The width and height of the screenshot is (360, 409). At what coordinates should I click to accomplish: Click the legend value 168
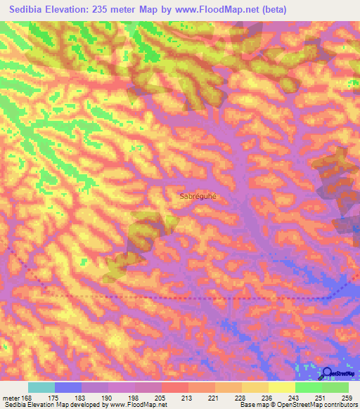point(27,398)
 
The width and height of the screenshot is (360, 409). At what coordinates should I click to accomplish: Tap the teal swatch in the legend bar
point(41,387)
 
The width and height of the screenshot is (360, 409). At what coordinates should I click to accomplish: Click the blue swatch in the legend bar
point(68,387)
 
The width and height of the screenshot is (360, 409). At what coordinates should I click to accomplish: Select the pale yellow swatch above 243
point(282,387)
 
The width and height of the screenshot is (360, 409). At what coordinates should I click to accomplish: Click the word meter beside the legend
point(10,398)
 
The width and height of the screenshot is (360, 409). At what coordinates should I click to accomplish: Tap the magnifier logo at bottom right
point(327,374)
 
